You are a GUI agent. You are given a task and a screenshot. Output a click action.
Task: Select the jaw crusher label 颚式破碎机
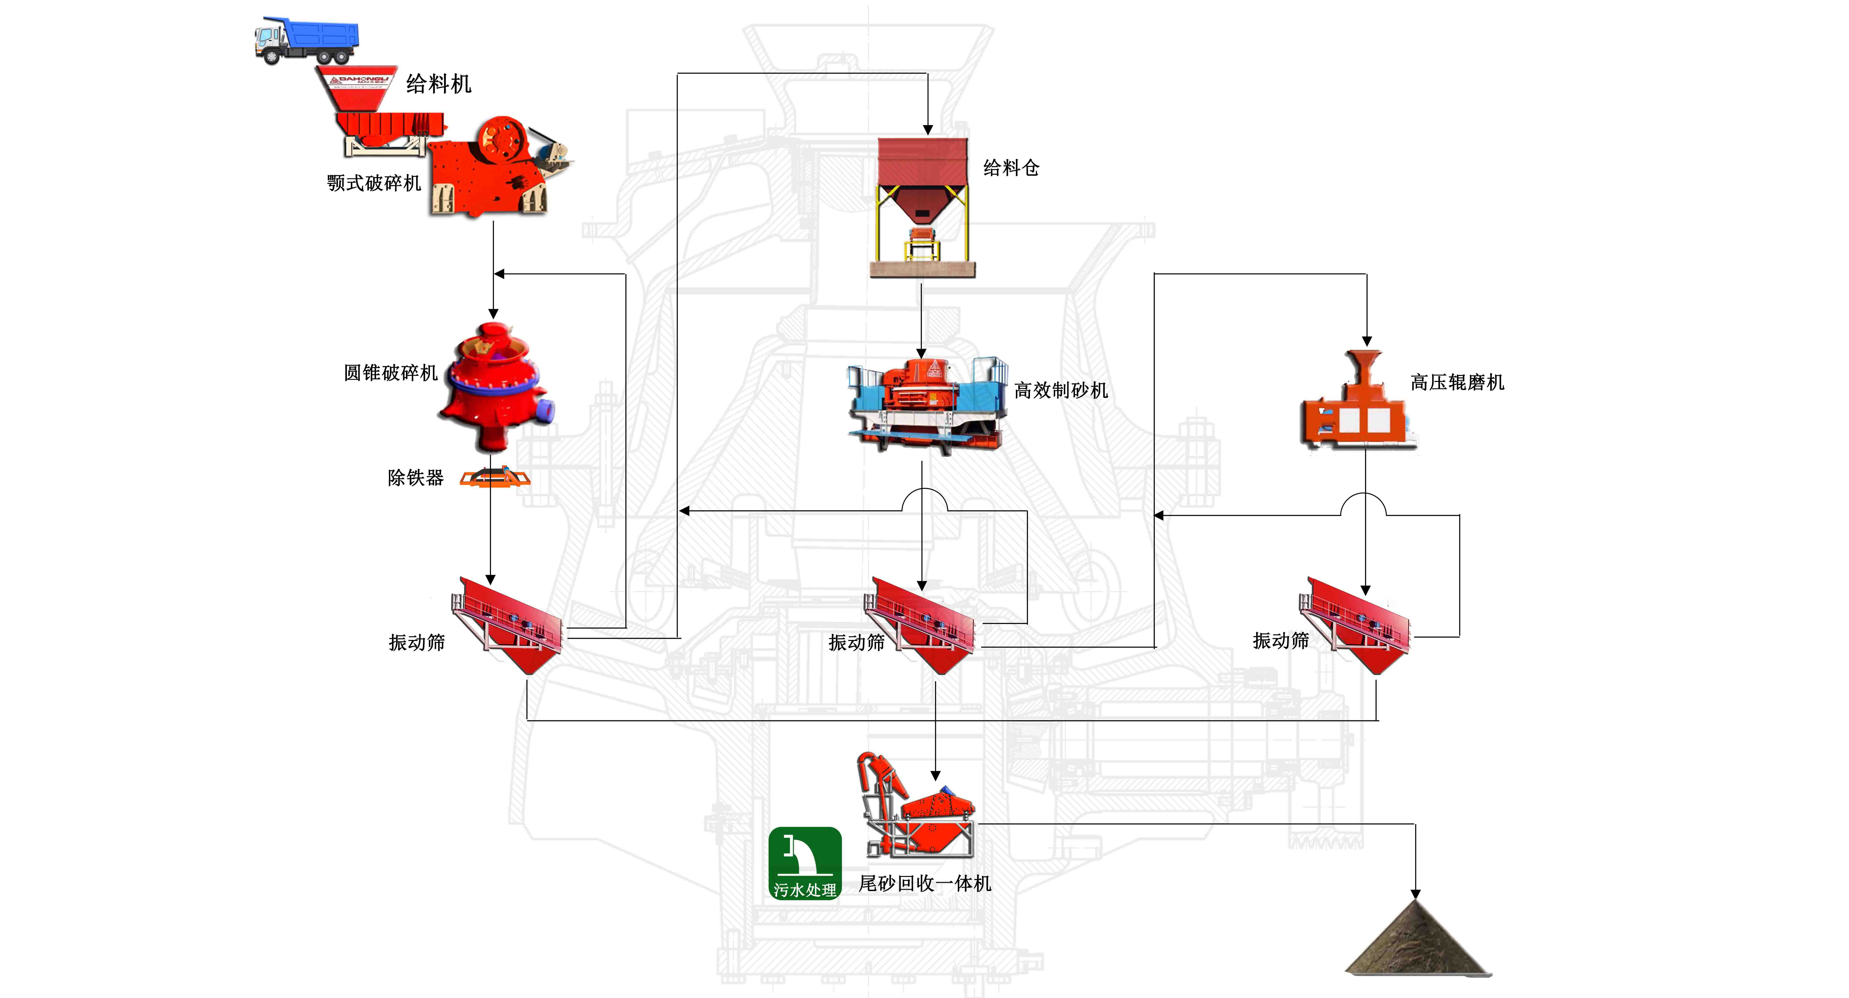click(x=373, y=183)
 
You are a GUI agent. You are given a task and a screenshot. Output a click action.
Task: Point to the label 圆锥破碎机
click(x=390, y=373)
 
